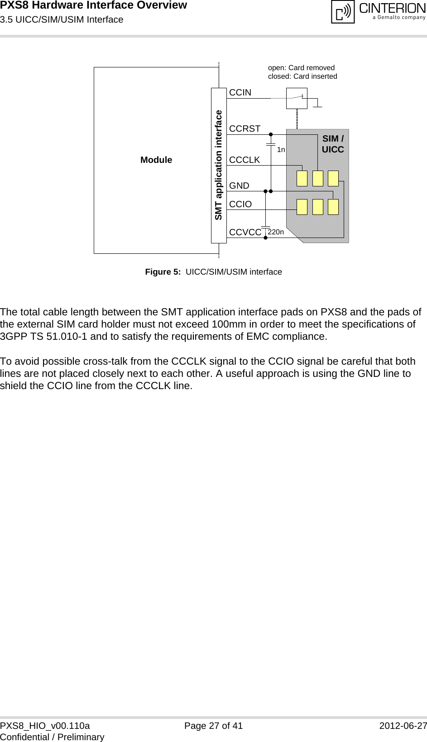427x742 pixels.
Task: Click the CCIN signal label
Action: [x=240, y=92]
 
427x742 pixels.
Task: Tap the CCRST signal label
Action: [x=245, y=128]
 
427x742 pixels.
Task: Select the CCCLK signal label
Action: [x=245, y=160]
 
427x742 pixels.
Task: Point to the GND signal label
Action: [x=239, y=185]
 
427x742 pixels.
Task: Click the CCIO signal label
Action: [x=240, y=204]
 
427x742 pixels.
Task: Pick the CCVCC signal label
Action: [x=245, y=232]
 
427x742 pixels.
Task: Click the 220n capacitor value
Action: [x=276, y=232]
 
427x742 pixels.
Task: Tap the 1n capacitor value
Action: [x=281, y=150]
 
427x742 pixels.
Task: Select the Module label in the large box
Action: [x=156, y=160]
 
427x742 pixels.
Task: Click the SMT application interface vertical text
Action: [x=219, y=165]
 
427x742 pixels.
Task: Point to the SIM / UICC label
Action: [x=333, y=144]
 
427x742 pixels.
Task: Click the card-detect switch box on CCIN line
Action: [x=297, y=98]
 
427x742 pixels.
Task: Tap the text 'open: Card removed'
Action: [x=301, y=67]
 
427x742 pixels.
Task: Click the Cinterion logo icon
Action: [x=343, y=12]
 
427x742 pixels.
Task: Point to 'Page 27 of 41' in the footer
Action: [x=213, y=726]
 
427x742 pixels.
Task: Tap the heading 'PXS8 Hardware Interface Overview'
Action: [x=93, y=5]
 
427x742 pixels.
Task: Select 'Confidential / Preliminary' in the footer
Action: [x=52, y=737]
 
